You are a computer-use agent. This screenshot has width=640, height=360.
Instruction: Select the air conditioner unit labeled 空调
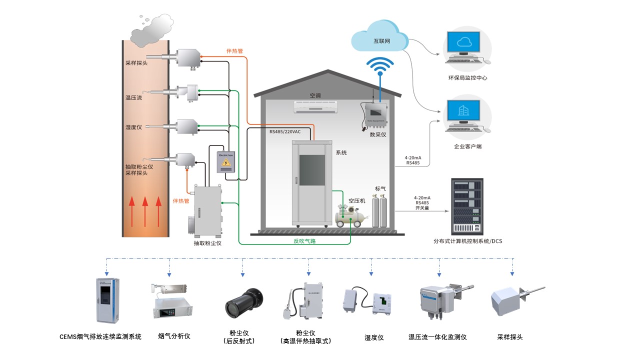click(x=316, y=105)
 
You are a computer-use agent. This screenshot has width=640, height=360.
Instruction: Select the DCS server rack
click(x=468, y=206)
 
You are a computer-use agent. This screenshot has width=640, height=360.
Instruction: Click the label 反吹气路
click(x=304, y=241)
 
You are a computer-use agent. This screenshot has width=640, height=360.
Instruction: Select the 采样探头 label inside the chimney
click(x=136, y=63)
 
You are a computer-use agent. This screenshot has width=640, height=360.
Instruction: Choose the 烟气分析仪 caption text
click(x=174, y=336)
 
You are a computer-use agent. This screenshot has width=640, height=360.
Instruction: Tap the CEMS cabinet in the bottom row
click(x=106, y=299)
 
